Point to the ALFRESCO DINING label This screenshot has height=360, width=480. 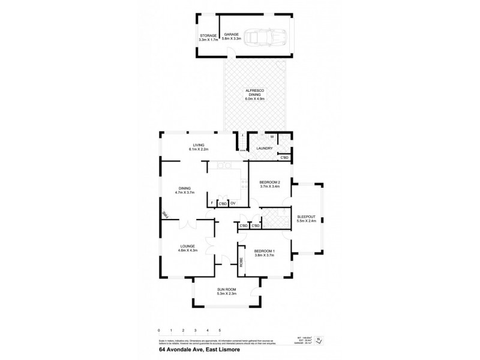(x=254, y=95)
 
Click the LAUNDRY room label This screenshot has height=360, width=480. (x=264, y=148)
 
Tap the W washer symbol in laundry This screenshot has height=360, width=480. (x=271, y=137)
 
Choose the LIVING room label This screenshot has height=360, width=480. (x=196, y=146)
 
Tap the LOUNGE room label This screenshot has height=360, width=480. (x=188, y=248)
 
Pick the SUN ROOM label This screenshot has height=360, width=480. (x=226, y=292)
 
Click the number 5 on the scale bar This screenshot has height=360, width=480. (x=220, y=331)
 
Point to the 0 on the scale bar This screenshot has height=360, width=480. (x=158, y=331)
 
